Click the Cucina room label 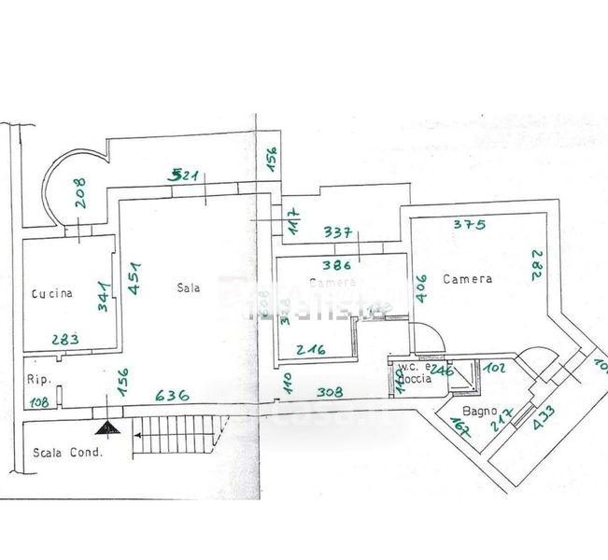point(51,294)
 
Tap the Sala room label point(189,287)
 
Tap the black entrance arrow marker point(108,428)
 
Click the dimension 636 point(172,395)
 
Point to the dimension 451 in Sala point(135,278)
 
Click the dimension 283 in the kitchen point(65,339)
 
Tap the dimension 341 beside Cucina point(105,296)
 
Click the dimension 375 point(471,223)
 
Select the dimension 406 point(420,289)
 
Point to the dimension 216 point(310,350)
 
